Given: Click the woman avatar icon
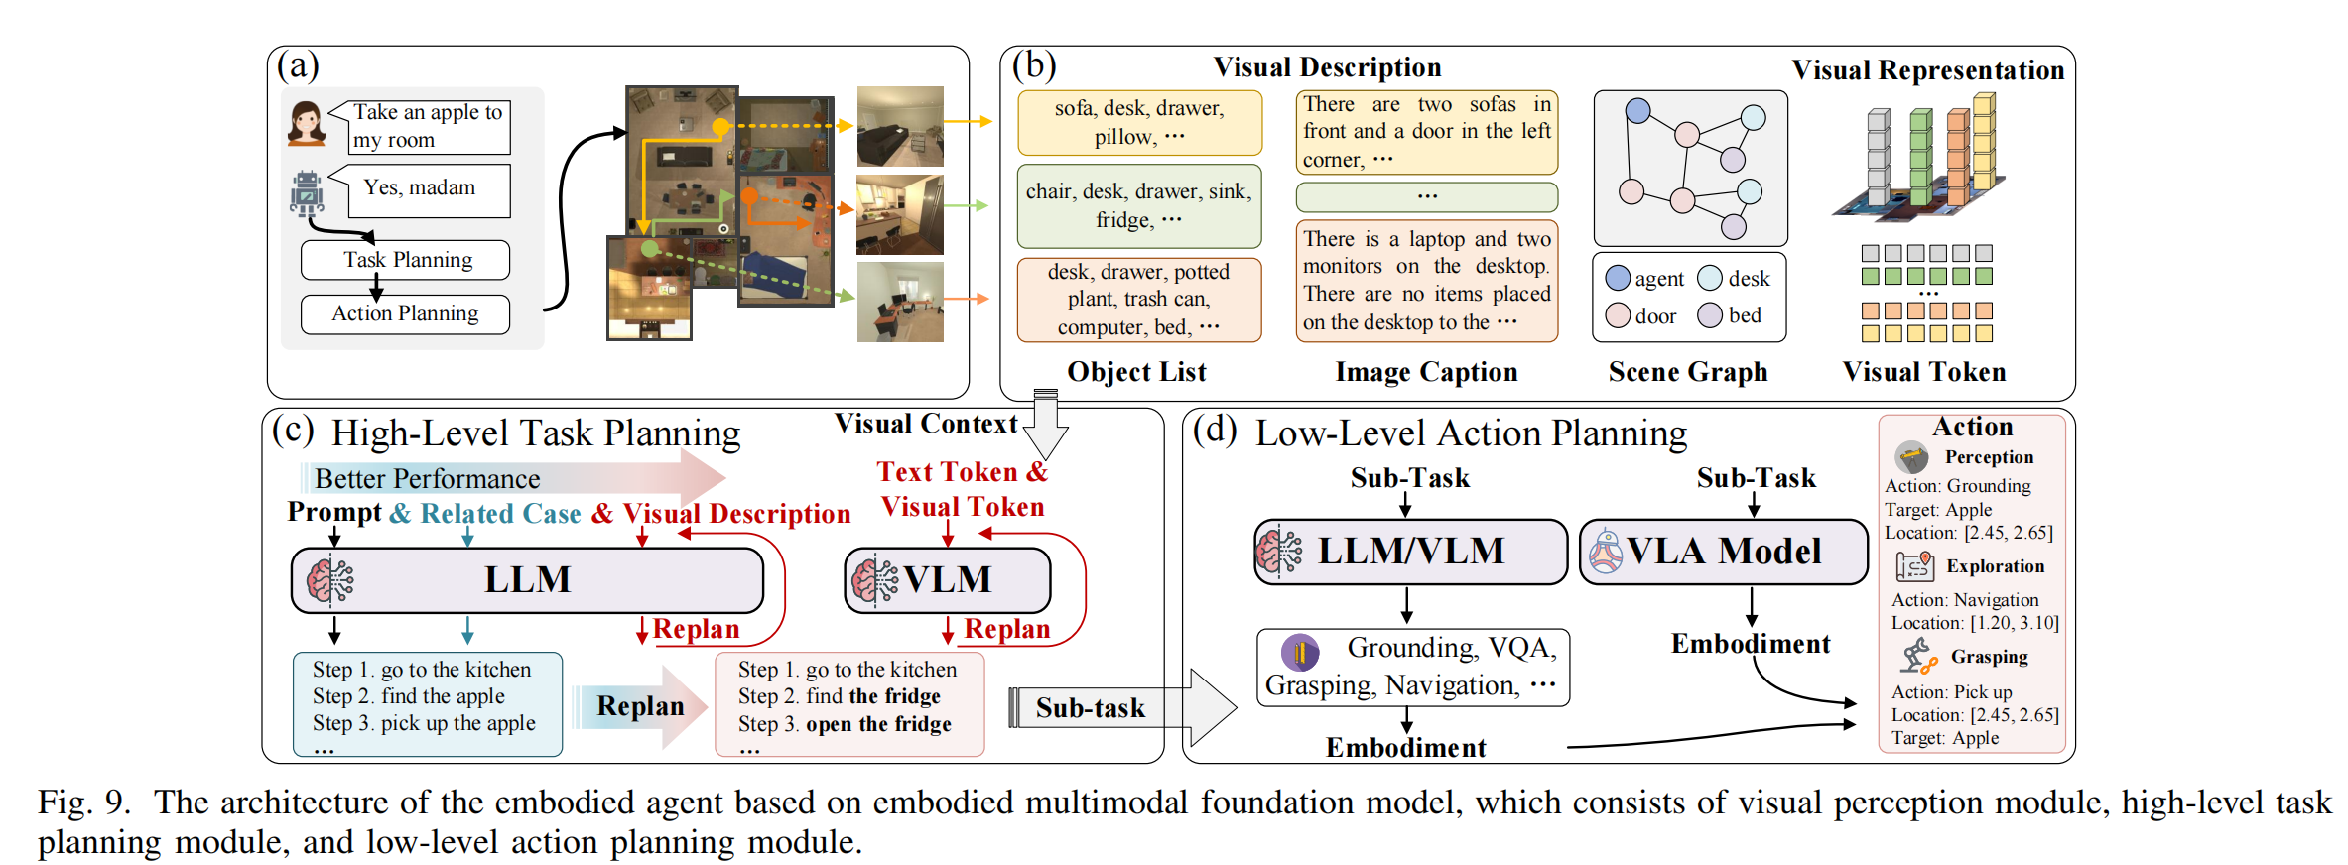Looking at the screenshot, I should click(x=307, y=124).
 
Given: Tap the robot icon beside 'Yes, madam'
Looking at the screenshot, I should click(x=307, y=193).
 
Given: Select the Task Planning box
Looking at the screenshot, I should click(x=405, y=260).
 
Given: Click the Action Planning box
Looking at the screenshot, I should click(x=405, y=313).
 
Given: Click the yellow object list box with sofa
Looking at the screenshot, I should click(x=1139, y=123).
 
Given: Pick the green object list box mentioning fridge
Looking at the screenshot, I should click(x=1139, y=205).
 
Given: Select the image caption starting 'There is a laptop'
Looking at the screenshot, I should click(x=1426, y=281).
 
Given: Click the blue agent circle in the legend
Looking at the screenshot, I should click(x=1618, y=278).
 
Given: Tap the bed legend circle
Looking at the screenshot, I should click(x=1710, y=314).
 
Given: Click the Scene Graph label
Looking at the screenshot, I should click(x=1688, y=372).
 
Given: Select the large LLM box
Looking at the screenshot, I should click(x=527, y=580).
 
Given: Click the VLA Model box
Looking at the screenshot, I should click(x=1723, y=552).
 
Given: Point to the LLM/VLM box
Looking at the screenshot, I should click(x=1410, y=552).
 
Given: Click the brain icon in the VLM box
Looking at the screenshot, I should click(x=874, y=580).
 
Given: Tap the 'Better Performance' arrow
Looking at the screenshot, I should click(x=516, y=478).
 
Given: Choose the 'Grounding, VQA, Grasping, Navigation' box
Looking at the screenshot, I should click(x=1412, y=667).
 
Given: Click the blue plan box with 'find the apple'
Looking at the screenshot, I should click(x=427, y=703).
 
